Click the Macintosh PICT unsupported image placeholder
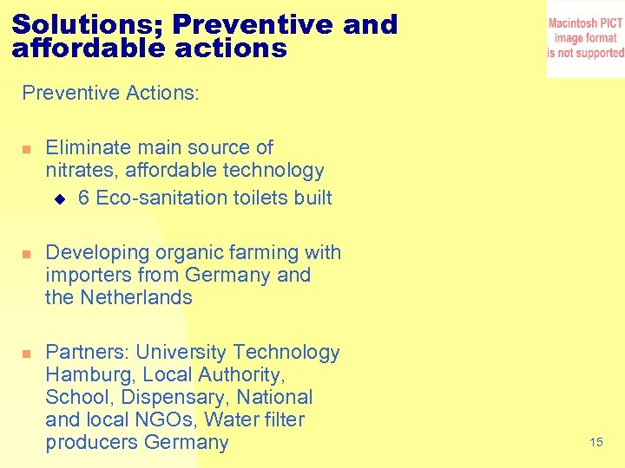(x=585, y=38)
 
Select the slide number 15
(x=595, y=443)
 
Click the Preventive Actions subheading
(x=110, y=93)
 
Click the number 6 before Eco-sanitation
(x=83, y=198)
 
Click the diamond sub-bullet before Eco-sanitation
(x=59, y=198)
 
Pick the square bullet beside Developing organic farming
(x=26, y=254)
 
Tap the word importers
(x=90, y=276)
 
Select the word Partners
(x=87, y=353)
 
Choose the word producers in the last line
(x=92, y=443)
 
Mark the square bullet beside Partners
(x=26, y=354)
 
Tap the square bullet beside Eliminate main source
(x=26, y=149)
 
